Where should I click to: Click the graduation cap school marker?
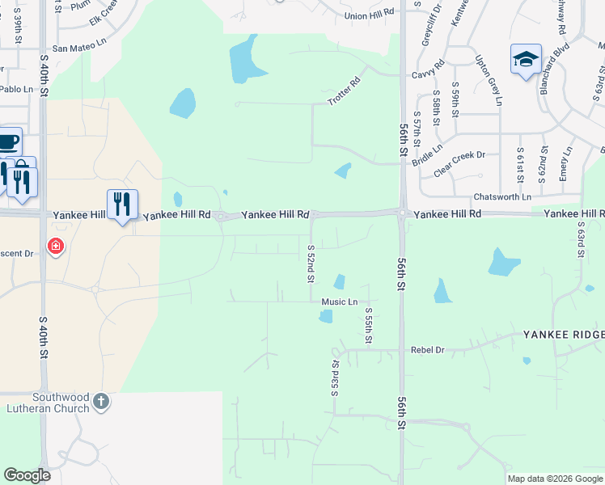click(526, 59)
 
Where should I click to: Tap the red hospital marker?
click(55, 245)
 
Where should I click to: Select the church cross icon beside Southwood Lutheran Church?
click(101, 402)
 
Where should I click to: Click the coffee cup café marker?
click(8, 142)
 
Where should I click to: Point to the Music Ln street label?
click(339, 302)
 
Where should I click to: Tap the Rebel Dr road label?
click(428, 350)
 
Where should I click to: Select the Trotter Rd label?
click(343, 91)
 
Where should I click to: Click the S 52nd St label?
click(311, 263)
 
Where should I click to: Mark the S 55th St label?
click(368, 325)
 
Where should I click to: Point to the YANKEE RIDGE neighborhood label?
click(563, 335)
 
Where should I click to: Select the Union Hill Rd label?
click(368, 15)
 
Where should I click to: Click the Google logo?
click(27, 475)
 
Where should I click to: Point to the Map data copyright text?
click(555, 479)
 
